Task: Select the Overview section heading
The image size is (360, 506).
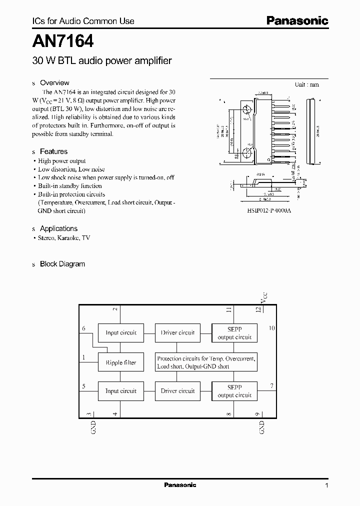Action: click(x=54, y=83)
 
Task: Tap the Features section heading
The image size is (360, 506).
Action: click(x=53, y=151)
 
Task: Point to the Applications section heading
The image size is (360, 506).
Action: click(x=58, y=228)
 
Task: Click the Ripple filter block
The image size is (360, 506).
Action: click(x=121, y=362)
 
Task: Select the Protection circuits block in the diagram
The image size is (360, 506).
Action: click(x=206, y=362)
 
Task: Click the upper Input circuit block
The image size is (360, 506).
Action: click(x=121, y=332)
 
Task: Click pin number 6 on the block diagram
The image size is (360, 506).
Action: click(x=84, y=327)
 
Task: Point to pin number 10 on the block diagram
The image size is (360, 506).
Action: click(x=271, y=328)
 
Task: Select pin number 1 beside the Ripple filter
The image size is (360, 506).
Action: click(x=84, y=358)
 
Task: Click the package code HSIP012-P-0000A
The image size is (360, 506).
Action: click(x=269, y=211)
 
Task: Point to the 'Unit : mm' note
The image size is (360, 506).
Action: click(x=306, y=84)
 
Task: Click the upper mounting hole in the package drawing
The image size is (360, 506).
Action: click(x=247, y=109)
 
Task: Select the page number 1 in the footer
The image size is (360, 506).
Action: click(x=326, y=485)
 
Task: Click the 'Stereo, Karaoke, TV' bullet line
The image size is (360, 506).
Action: click(x=64, y=238)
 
